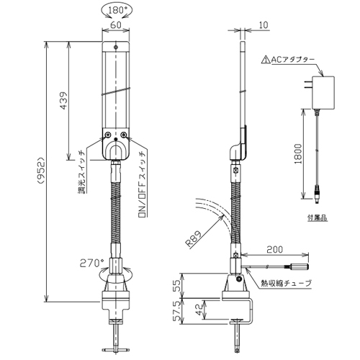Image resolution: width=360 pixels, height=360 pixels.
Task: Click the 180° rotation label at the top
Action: [116, 11]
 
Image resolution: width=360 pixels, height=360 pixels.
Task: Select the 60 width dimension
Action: [116, 24]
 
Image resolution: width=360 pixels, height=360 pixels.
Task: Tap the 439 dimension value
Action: [63, 100]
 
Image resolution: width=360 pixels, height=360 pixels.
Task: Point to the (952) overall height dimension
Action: [41, 171]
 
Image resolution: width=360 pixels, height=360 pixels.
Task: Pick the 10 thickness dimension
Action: [264, 25]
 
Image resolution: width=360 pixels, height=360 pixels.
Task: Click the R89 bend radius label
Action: [194, 239]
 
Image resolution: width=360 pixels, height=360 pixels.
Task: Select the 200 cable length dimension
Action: [274, 250]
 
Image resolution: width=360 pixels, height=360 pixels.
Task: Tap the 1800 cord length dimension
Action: [298, 153]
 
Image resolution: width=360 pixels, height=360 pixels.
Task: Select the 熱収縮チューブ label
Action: [287, 284]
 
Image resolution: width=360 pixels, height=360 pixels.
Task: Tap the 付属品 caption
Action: [318, 217]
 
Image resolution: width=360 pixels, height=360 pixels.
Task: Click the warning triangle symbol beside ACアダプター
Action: [266, 60]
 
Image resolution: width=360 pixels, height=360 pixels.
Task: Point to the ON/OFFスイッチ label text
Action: [143, 184]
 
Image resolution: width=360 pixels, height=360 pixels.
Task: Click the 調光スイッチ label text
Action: [82, 172]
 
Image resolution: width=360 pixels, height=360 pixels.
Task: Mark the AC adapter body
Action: [323, 93]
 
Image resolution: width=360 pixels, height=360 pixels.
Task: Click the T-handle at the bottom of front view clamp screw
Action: [116, 349]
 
